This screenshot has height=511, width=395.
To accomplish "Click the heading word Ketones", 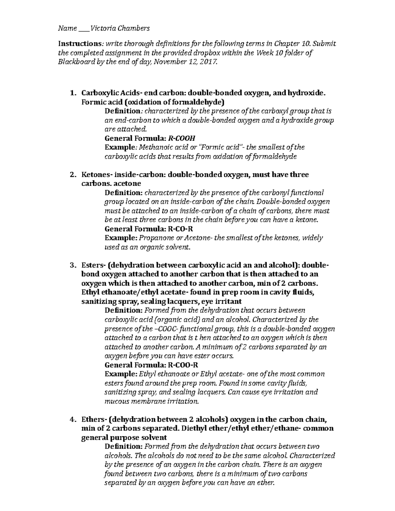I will [x=94, y=174].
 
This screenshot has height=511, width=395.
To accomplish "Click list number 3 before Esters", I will [x=73, y=265].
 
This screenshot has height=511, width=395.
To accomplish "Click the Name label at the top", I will [x=67, y=28].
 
